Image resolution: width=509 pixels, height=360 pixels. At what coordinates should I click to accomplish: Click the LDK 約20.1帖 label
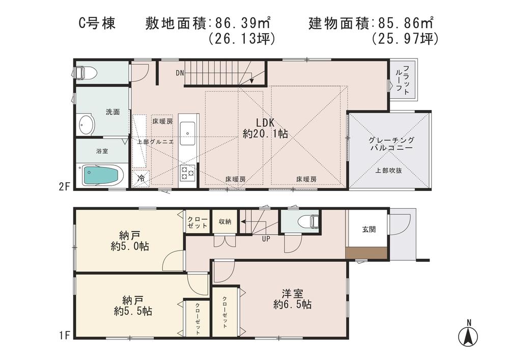[265, 128]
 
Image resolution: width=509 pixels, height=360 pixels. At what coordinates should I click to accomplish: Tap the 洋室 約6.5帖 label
[292, 299]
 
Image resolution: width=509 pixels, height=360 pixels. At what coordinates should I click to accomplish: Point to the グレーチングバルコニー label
[391, 144]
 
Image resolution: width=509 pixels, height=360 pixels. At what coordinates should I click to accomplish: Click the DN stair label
[180, 73]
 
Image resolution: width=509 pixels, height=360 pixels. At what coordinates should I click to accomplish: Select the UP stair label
[266, 238]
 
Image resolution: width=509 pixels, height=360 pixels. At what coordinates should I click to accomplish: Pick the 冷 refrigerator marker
[141, 179]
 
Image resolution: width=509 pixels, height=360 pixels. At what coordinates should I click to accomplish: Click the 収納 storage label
[225, 221]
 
